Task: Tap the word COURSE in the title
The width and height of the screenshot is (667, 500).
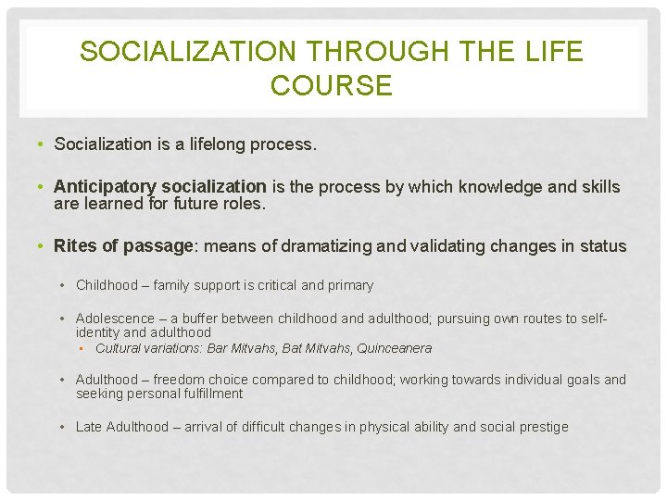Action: click(x=333, y=86)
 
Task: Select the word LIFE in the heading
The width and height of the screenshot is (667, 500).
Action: click(x=553, y=52)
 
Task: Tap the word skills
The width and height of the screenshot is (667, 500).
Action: click(x=599, y=187)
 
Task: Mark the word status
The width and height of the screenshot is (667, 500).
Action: click(x=603, y=246)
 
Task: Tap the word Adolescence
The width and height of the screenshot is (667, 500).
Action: click(x=115, y=319)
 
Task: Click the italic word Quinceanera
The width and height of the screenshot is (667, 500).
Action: click(x=394, y=349)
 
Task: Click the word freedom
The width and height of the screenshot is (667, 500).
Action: click(x=180, y=380)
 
